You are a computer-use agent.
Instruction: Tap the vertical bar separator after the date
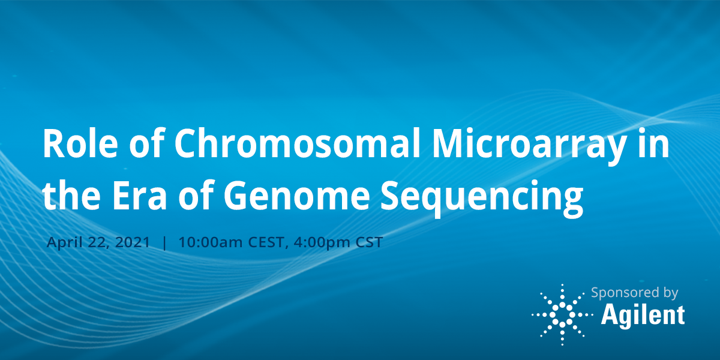pos(165,243)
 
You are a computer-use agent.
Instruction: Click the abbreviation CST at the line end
pos(367,243)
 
